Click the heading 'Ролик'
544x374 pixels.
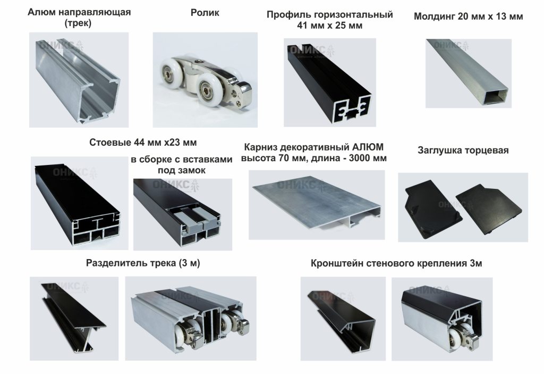(205, 12)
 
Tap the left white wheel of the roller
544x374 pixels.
(173, 71)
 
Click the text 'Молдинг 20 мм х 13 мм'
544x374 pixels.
(468, 16)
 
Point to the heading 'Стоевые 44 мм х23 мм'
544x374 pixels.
(142, 142)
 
